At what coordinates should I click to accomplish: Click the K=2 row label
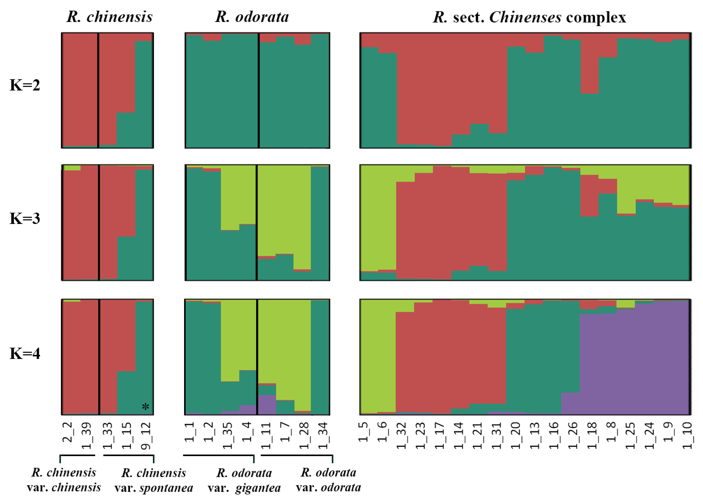click(x=25, y=85)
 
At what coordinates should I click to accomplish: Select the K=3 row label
click(x=25, y=219)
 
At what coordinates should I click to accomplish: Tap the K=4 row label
click(x=25, y=353)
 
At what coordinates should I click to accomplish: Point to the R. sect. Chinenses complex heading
click(x=529, y=17)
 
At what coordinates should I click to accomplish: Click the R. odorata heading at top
click(x=252, y=17)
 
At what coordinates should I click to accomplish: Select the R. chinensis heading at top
click(x=110, y=17)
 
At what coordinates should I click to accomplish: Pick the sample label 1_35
click(x=228, y=436)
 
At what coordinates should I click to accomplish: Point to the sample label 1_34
click(x=323, y=436)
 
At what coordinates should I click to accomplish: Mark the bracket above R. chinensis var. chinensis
click(x=77, y=455)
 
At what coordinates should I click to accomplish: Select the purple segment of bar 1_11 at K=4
click(x=267, y=404)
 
